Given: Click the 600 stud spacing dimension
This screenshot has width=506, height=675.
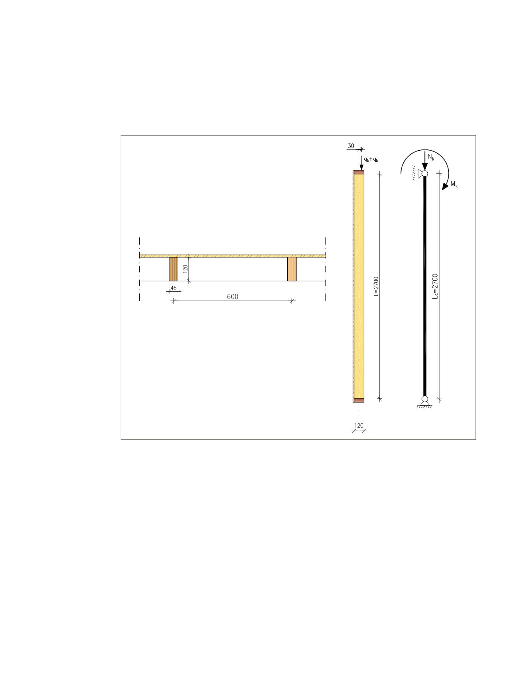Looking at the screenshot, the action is (x=232, y=297).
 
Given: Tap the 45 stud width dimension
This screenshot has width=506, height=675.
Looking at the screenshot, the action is (x=174, y=288).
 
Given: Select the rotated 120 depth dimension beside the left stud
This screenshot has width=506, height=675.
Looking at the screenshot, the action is (x=186, y=269).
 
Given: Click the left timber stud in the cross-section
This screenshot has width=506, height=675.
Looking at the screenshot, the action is (x=174, y=269).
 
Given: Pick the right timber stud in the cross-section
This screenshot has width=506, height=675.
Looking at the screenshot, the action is (x=292, y=269).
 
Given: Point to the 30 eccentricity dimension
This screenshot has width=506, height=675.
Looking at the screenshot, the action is (x=351, y=146).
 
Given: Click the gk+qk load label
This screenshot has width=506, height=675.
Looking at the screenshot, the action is (x=371, y=159).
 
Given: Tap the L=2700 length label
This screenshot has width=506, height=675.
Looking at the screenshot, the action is (x=376, y=287).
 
